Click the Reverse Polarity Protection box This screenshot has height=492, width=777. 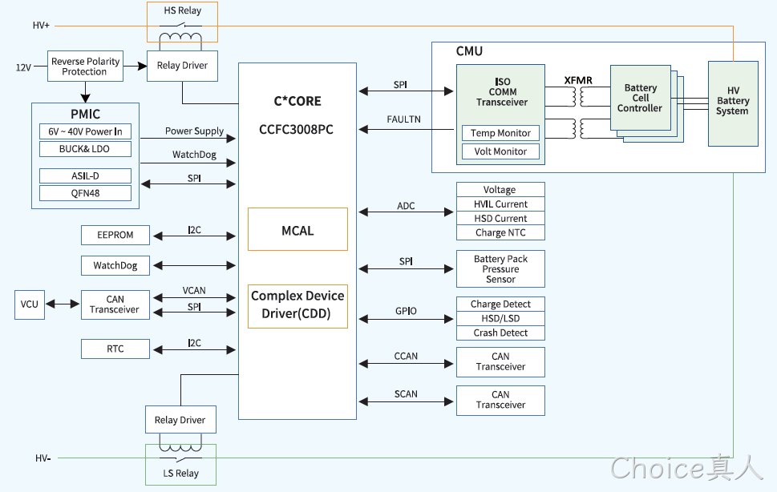click(85, 67)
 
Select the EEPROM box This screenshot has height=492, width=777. click(115, 235)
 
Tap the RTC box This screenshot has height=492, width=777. click(115, 349)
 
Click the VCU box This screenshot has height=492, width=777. click(29, 304)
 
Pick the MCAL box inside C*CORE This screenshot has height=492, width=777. click(297, 229)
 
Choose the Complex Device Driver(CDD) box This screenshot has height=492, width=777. click(297, 306)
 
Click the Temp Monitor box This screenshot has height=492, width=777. click(500, 133)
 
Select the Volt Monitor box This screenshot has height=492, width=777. click(500, 151)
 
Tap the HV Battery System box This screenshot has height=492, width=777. click(733, 103)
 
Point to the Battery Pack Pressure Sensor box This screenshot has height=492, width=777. click(500, 268)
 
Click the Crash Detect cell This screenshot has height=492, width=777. click(500, 333)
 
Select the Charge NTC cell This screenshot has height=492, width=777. click(500, 232)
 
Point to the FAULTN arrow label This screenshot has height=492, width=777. click(404, 119)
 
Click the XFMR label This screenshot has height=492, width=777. click(578, 80)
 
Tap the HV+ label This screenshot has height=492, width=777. click(41, 26)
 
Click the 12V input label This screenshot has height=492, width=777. click(23, 67)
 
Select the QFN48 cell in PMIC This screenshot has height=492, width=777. click(85, 193)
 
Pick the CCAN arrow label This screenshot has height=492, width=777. click(406, 356)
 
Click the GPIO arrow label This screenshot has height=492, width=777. click(406, 311)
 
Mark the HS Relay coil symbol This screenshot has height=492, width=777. click(180, 38)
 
